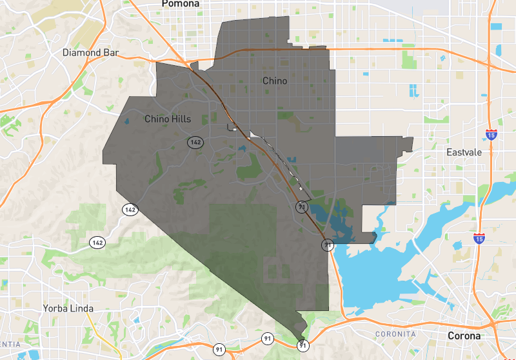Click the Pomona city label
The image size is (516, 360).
click(x=181, y=4)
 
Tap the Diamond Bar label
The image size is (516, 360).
click(x=91, y=52)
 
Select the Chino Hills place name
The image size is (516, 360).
click(x=167, y=119)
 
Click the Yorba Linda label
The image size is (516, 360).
click(x=68, y=308)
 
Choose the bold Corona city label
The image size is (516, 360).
click(x=464, y=336)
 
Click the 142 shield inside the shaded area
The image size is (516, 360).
click(x=195, y=141)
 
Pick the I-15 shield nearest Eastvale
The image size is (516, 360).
click(x=491, y=135)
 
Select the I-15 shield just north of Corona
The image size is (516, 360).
click(x=479, y=238)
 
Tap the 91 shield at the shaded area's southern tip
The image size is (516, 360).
click(x=303, y=346)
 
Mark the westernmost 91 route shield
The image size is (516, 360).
click(x=219, y=349)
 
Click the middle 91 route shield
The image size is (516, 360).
click(x=267, y=338)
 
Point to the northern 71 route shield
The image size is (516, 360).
click(x=301, y=206)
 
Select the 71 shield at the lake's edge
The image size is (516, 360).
click(x=328, y=245)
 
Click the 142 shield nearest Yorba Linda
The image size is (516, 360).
click(x=97, y=243)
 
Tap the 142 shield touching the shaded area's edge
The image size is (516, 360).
click(x=130, y=210)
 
